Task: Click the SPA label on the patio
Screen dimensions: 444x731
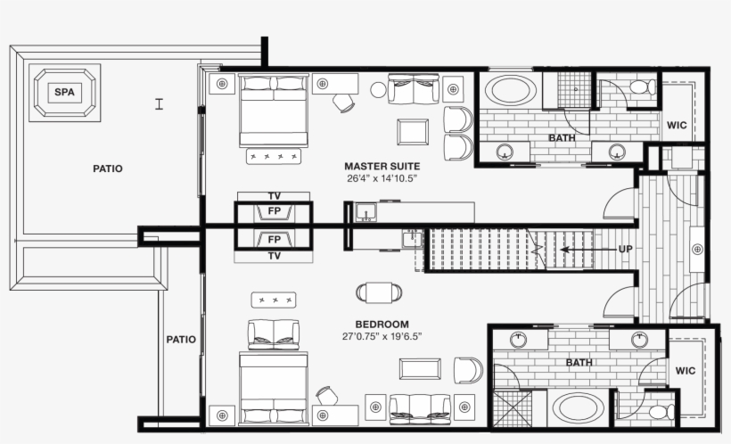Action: (63, 92)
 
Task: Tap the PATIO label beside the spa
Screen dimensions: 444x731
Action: (108, 169)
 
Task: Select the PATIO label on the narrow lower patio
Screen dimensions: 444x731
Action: (181, 340)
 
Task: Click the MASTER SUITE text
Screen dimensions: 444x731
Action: (382, 167)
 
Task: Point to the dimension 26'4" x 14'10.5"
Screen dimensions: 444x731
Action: (382, 178)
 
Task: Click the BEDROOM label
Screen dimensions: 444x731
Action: (382, 325)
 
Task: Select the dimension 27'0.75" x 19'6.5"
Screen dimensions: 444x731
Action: (382, 337)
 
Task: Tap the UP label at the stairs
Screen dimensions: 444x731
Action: (625, 249)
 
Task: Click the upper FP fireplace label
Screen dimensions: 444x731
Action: (275, 212)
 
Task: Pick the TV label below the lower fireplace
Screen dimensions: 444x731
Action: (275, 256)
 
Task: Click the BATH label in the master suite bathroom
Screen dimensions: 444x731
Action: (562, 138)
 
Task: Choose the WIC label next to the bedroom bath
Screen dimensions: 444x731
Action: (685, 371)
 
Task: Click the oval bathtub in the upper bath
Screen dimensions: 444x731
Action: (509, 92)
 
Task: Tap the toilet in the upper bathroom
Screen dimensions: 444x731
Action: (638, 87)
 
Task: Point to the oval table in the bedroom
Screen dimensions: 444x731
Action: (379, 292)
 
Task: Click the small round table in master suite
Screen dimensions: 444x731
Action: (378, 89)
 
